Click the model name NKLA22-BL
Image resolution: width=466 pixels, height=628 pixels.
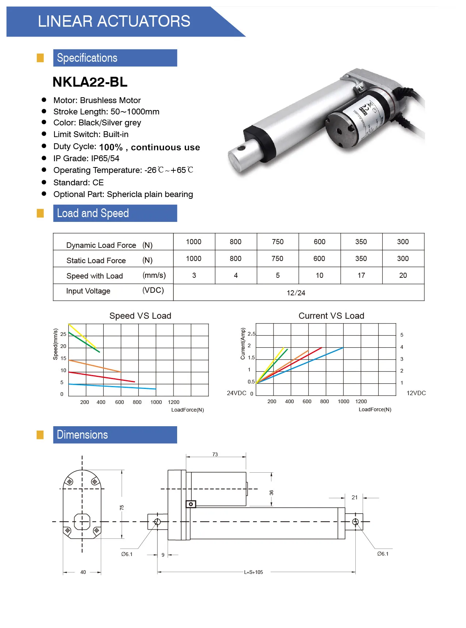(90, 82)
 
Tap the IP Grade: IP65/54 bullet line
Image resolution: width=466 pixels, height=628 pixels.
(86, 158)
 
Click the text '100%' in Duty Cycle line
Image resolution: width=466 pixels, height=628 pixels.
(111, 147)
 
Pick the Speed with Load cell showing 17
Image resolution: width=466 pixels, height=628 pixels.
(361, 276)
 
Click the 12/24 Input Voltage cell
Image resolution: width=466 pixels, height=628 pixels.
(296, 293)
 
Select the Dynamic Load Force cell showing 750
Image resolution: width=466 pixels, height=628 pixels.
(278, 242)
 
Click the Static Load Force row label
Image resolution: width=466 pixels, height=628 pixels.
(96, 261)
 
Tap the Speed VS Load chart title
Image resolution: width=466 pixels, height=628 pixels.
(140, 316)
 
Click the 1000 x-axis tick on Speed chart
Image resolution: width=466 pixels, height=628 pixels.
(156, 402)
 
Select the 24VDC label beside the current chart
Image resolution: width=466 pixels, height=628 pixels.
(236, 393)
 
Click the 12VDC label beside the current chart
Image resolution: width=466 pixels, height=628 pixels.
(416, 393)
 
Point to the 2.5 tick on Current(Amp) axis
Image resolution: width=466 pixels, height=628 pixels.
(251, 334)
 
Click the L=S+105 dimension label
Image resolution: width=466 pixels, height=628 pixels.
(253, 572)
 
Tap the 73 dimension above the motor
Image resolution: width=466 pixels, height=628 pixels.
(215, 454)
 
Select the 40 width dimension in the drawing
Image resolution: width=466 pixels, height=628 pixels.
(83, 572)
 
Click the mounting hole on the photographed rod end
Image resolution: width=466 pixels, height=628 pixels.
(241, 148)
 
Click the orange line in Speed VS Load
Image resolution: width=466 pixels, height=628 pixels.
(95, 366)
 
